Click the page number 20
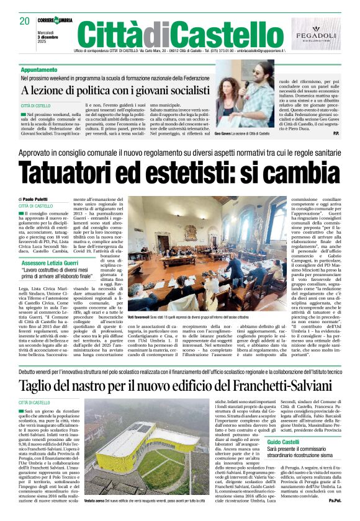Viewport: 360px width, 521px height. pos(25,21)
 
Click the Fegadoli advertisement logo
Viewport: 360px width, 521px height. pos(317,33)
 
